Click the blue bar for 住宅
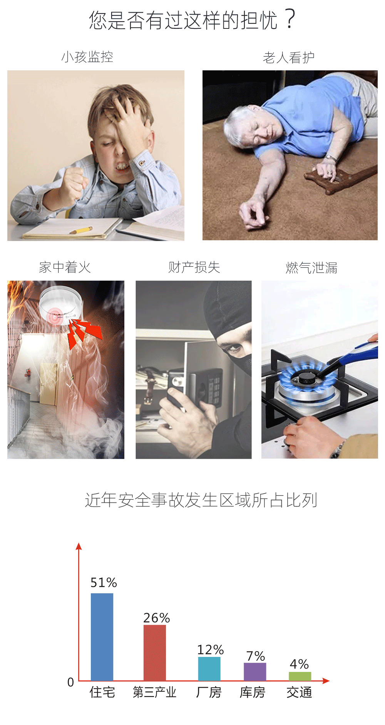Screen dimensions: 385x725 coord(102,637)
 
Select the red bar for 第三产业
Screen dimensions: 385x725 coord(155,653)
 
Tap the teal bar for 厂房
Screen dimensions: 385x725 coord(209,669)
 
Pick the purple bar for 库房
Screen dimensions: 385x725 coord(255,672)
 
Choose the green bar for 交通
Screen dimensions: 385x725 coord(300,676)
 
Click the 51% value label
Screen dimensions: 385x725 coord(104,583)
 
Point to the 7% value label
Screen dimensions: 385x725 coord(256,656)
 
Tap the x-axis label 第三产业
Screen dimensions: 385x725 coord(154,692)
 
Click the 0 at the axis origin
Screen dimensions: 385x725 coord(70,682)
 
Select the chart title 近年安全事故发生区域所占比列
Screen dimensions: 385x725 coord(201,500)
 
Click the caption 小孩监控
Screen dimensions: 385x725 coord(87,57)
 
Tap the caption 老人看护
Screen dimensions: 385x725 coord(289,58)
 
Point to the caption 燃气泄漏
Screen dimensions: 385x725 coord(311,268)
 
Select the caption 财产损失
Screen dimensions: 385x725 coord(194,267)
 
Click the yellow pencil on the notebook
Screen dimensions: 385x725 coord(81,230)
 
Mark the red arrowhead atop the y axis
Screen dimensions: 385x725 coord(79,546)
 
